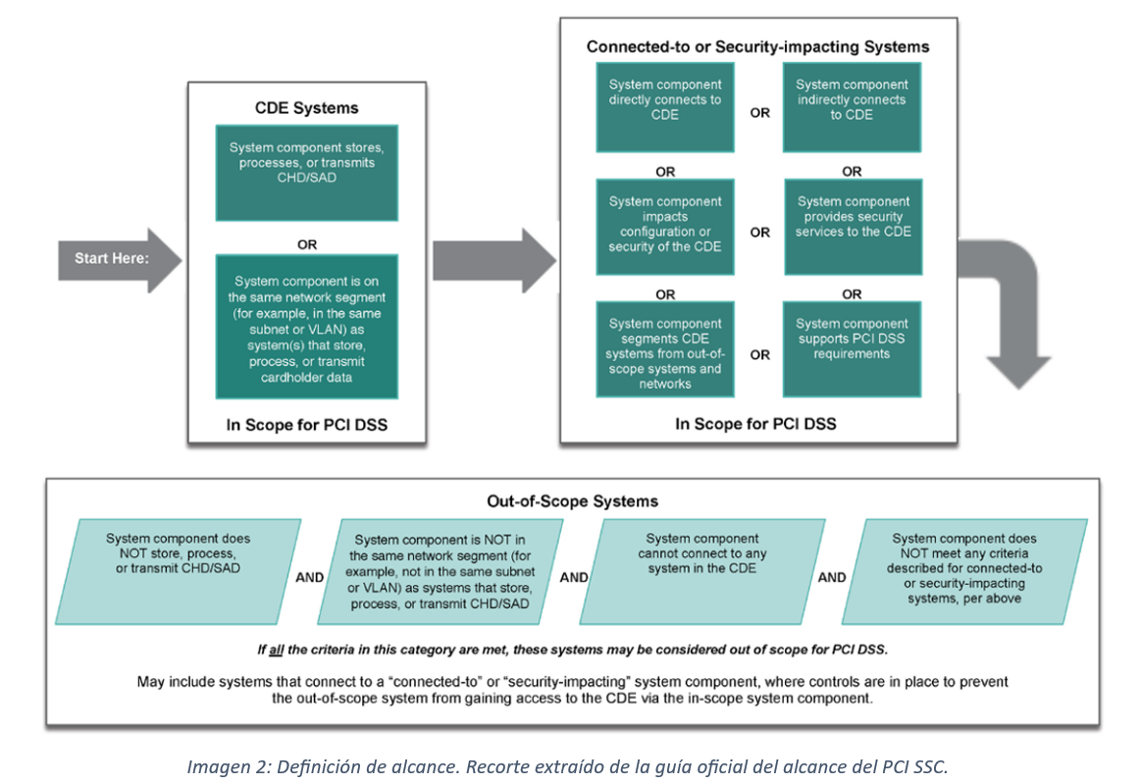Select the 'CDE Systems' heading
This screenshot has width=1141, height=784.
(307, 108)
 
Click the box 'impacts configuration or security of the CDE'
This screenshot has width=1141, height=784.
(664, 225)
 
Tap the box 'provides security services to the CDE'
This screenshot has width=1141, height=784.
(852, 225)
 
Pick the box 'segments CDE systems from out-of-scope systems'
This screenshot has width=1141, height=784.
(664, 348)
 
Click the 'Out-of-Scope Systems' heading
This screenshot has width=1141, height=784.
(572, 500)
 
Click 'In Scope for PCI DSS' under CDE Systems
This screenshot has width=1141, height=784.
(307, 425)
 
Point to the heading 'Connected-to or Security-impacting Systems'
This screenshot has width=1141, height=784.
(757, 46)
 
